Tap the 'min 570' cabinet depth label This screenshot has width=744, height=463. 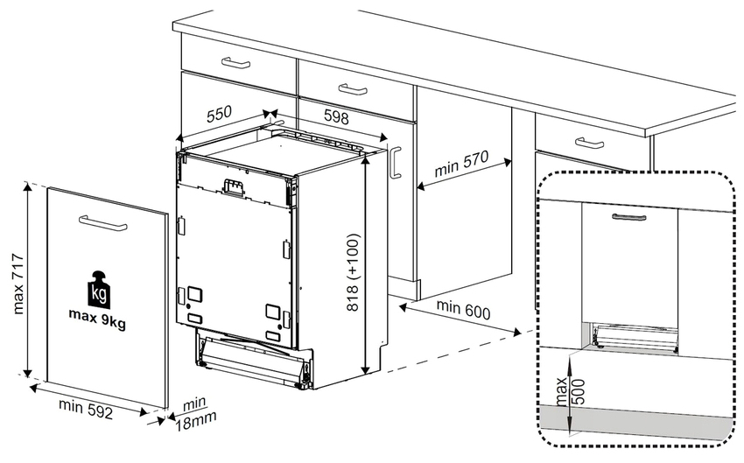click(461, 168)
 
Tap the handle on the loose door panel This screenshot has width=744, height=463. click(102, 223)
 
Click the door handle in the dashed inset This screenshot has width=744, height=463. click(628, 216)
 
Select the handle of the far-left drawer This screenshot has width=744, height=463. click(235, 62)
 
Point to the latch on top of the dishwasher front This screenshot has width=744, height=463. click(234, 186)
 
